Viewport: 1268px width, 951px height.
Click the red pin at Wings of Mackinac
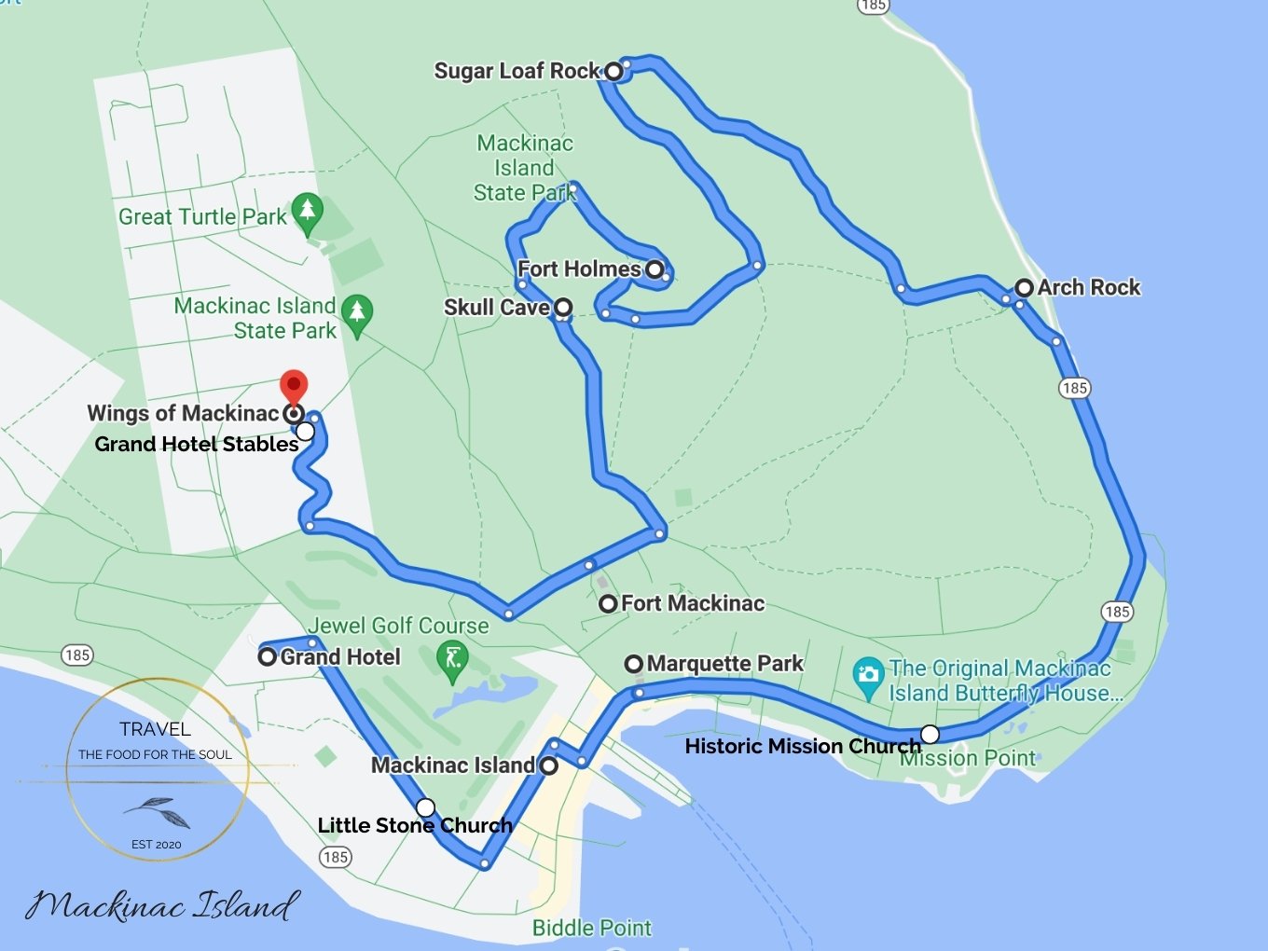pos(294,385)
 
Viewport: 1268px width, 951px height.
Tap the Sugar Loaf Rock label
pos(517,71)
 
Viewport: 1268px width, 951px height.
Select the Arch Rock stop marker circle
pos(1024,288)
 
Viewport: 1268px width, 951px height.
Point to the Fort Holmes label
pos(579,269)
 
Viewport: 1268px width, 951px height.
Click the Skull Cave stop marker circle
pos(563,307)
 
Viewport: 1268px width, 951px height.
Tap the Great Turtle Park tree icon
pos(307,212)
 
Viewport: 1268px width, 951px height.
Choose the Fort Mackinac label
pos(693,603)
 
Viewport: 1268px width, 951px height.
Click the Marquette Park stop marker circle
pos(634,664)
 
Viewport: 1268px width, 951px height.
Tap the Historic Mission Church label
pos(802,746)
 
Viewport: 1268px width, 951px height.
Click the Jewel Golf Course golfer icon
pos(453,659)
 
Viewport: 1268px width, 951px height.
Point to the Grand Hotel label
pos(340,656)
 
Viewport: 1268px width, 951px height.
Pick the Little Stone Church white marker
pos(425,806)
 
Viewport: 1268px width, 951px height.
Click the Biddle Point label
pos(591,928)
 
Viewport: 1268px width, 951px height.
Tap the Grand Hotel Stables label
pos(197,444)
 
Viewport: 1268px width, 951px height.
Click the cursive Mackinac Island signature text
pos(162,904)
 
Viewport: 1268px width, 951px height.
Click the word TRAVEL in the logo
pos(155,729)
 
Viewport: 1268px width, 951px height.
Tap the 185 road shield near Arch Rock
pos(1074,388)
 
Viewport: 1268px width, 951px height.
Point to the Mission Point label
pos(968,758)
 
